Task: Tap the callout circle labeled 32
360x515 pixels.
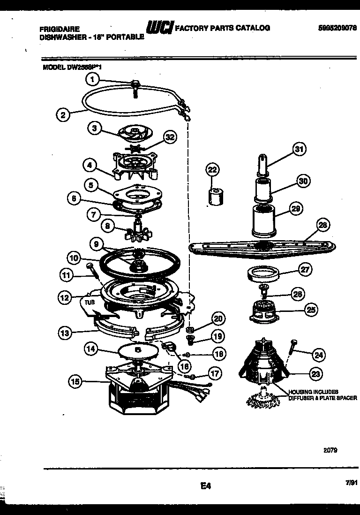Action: (x=170, y=137)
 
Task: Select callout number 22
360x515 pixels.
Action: (x=213, y=170)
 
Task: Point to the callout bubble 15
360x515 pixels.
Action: (x=75, y=382)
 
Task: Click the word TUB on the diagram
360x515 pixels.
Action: (x=90, y=303)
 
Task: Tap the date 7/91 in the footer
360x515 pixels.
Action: (x=344, y=482)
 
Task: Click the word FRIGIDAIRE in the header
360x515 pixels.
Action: (x=59, y=29)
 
